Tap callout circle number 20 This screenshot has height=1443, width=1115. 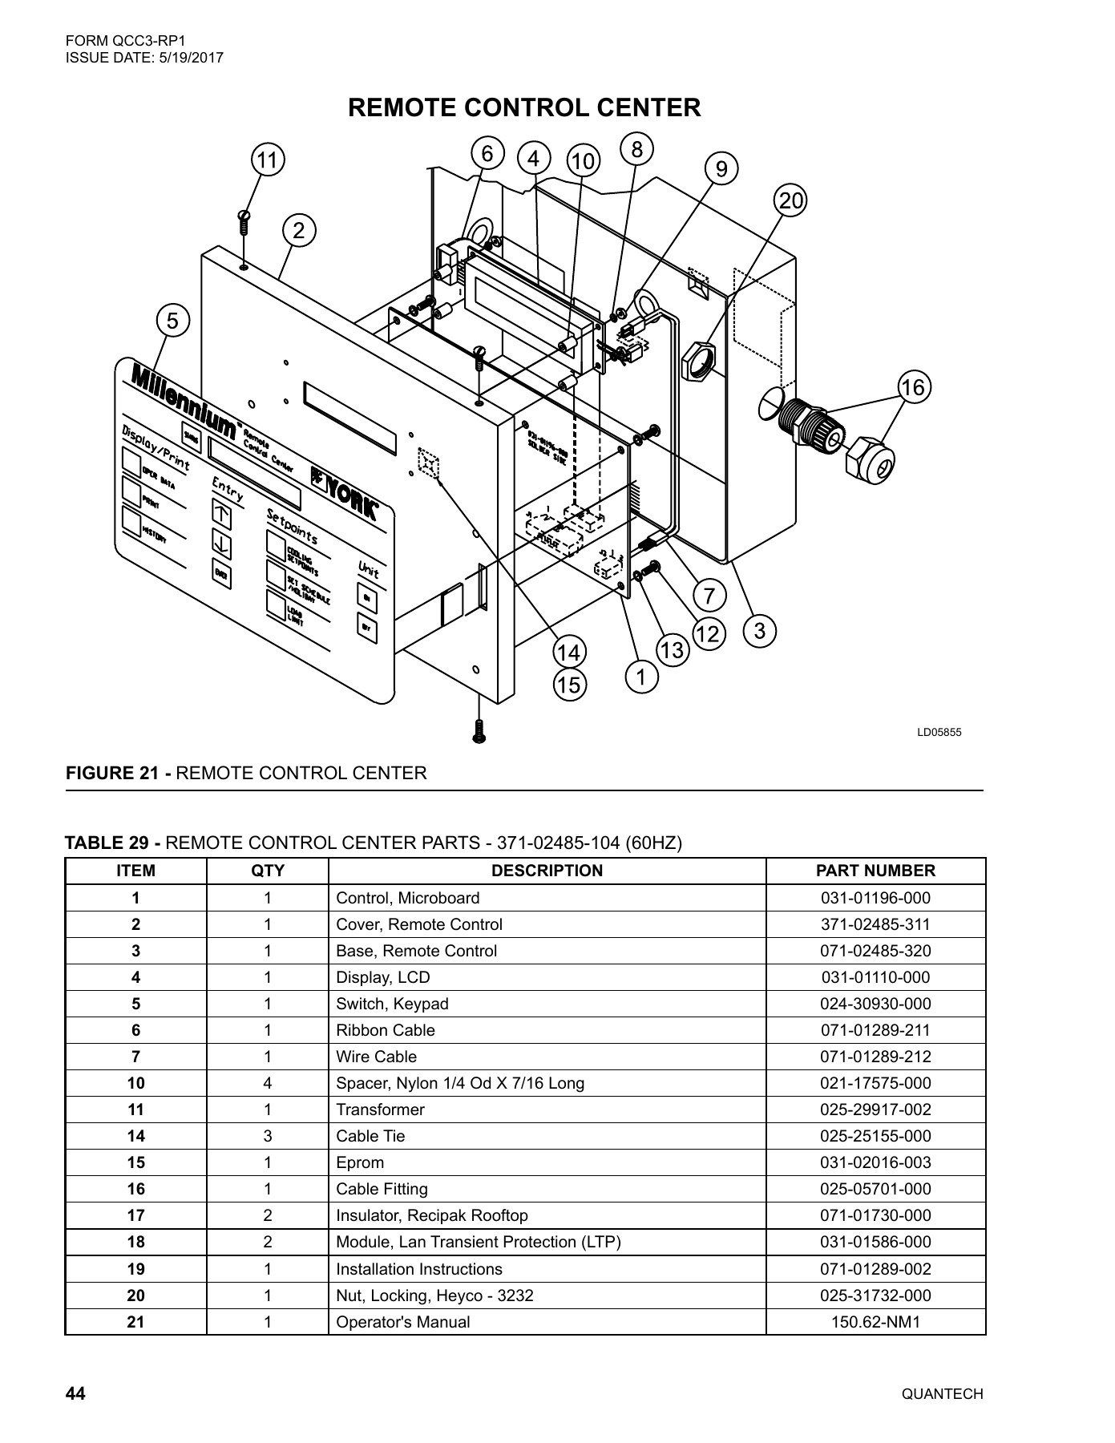pos(790,200)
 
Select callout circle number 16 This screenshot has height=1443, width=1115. pos(912,388)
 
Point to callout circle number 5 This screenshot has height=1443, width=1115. pos(172,321)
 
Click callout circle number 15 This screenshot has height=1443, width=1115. pos(569,685)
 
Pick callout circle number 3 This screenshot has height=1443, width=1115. pos(759,630)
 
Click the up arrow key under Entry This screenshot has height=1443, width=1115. pos(222,514)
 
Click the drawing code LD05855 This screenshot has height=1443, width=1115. pos(939,732)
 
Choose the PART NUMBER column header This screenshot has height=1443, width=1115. pos(875,871)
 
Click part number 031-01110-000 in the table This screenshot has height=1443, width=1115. pos(875,977)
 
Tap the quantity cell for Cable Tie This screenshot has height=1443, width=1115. pos(268,1136)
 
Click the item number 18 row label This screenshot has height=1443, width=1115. pos(135,1242)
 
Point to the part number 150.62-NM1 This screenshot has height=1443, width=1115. pos(875,1322)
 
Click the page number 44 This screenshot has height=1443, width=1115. pos(75,1393)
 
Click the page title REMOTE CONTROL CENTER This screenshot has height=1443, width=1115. pos(524,107)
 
